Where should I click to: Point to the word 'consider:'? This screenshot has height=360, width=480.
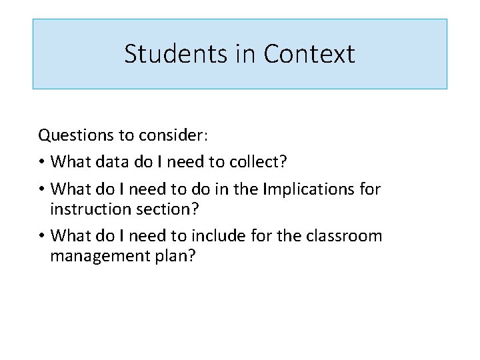(173, 136)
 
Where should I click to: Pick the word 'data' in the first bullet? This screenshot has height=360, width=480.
(111, 162)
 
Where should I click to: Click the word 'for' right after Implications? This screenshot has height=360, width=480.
(369, 189)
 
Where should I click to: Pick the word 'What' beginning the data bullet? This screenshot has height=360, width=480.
(69, 162)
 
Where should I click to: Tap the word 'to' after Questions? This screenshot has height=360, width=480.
(126, 136)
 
